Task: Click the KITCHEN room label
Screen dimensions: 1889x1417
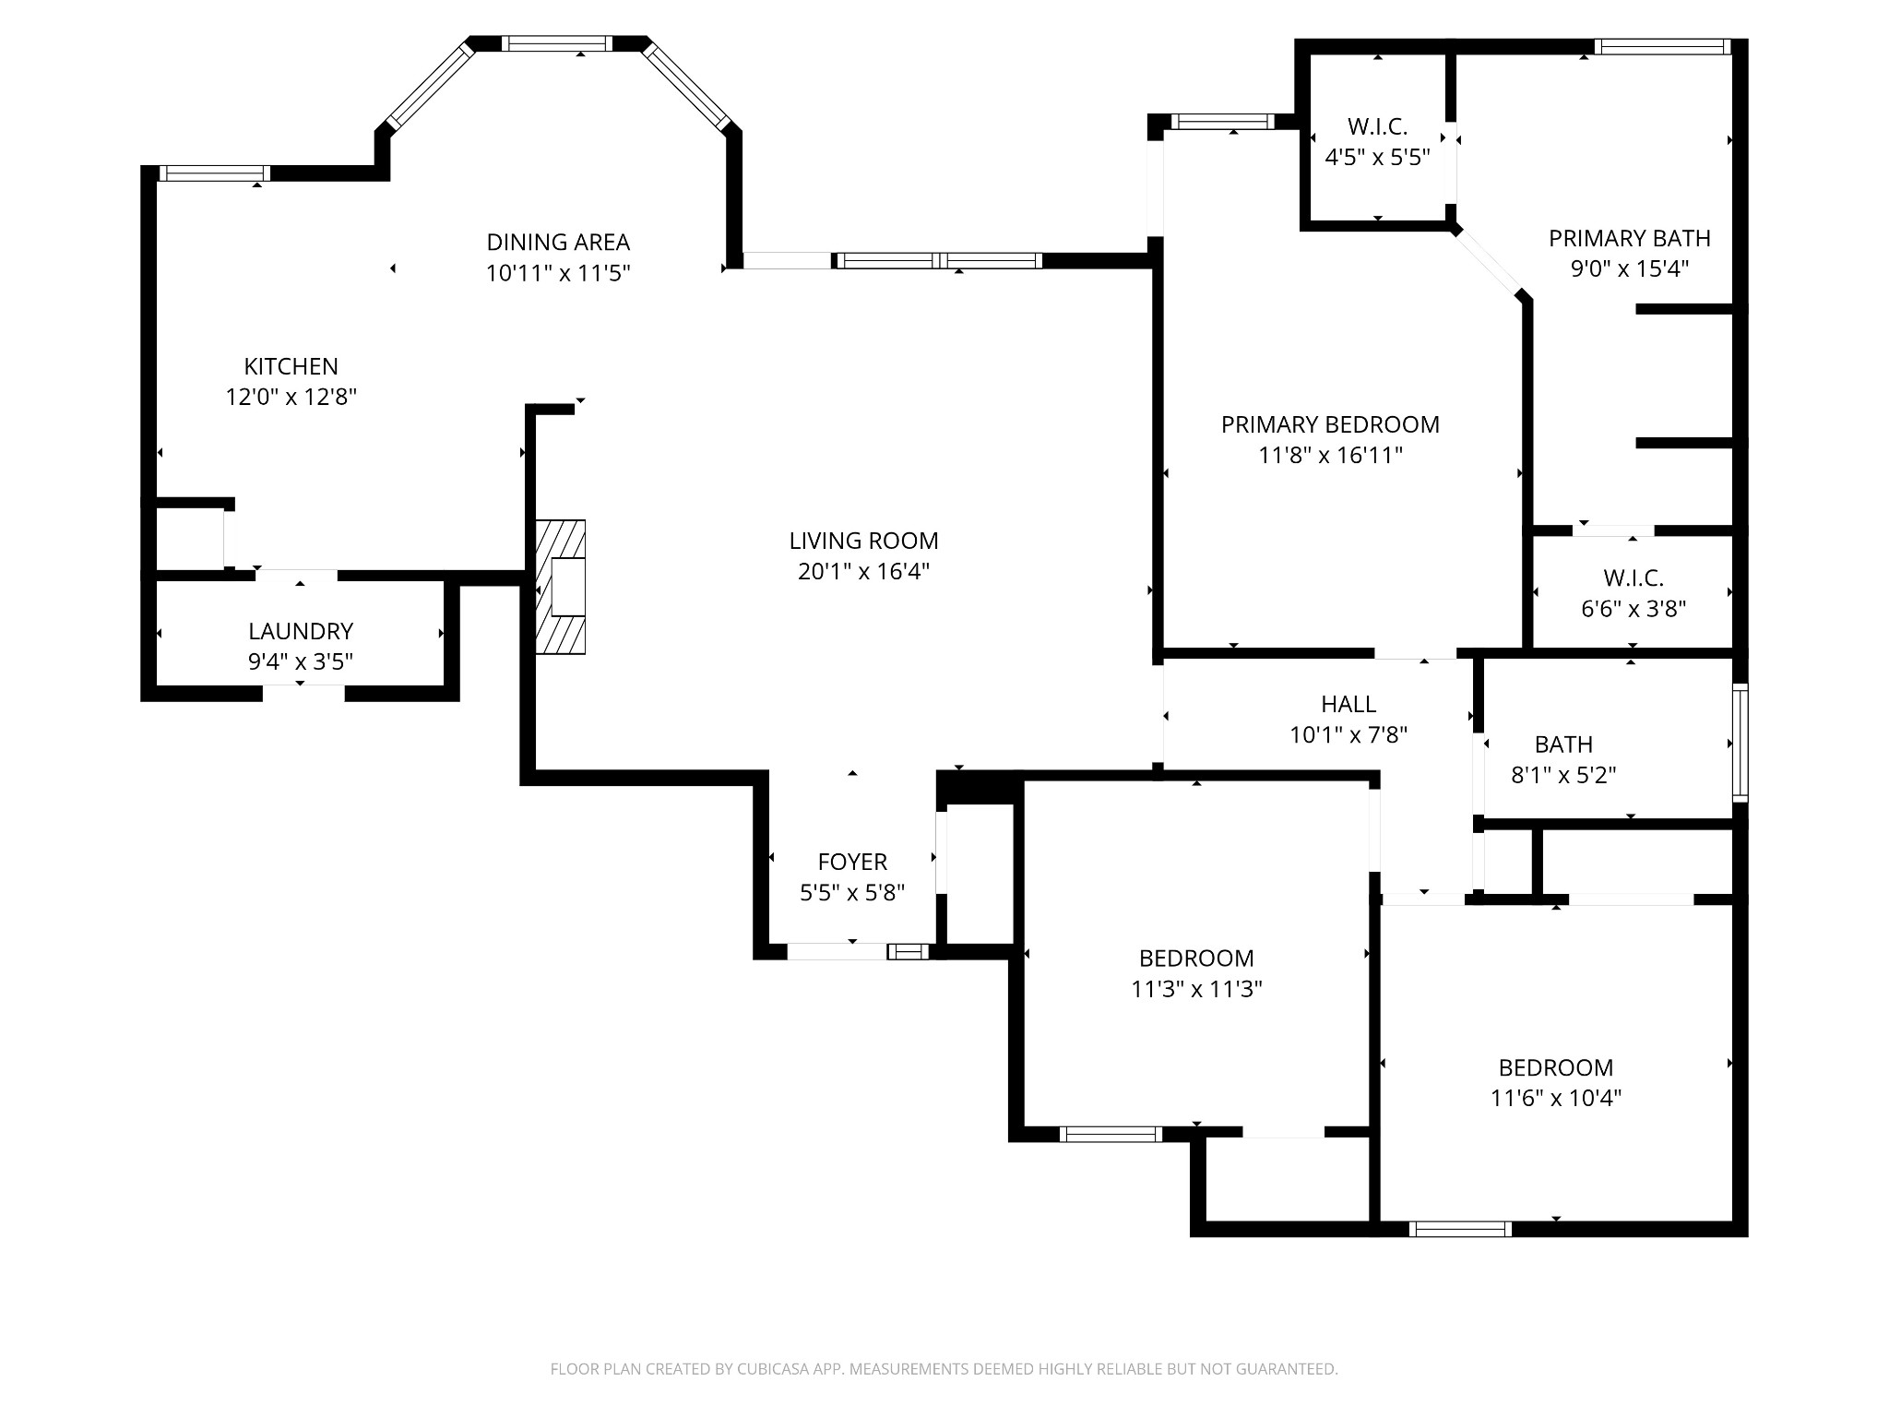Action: [291, 366]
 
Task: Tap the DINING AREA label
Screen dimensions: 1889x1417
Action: [558, 242]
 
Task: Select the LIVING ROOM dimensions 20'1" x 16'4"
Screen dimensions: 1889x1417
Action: [863, 571]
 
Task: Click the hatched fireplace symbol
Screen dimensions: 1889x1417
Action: [561, 588]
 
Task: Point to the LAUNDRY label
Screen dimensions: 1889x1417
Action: [301, 631]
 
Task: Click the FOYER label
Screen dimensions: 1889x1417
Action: [852, 862]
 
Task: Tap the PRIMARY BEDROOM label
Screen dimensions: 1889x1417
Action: [1330, 424]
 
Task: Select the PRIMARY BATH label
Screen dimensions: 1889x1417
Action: [1630, 238]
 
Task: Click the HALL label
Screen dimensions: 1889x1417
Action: [1348, 705]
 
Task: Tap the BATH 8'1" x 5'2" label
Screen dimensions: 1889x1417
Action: [1563, 744]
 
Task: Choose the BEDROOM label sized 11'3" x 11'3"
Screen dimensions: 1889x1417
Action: [1196, 959]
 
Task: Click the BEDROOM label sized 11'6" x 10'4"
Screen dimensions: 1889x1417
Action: [1556, 1068]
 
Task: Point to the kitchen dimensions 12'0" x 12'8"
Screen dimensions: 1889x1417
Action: [291, 397]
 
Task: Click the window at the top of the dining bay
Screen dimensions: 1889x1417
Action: [556, 43]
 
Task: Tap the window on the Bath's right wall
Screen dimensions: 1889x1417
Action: [1740, 743]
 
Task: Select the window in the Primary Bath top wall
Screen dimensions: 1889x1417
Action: [1662, 46]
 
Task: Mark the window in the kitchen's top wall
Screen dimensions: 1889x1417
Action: [215, 173]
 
